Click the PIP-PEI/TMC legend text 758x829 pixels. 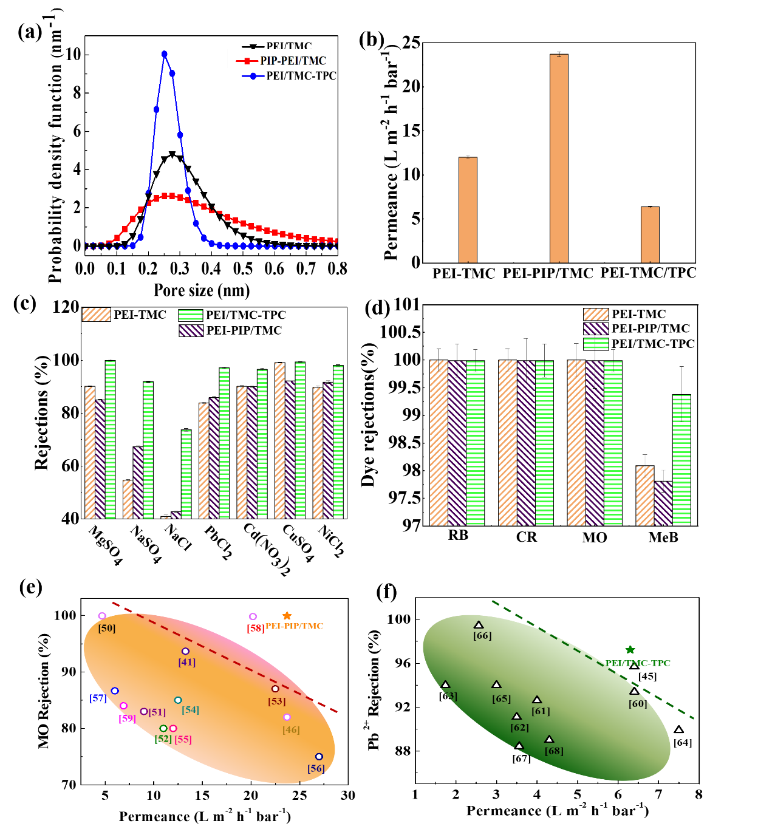293,61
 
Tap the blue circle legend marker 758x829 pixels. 253,77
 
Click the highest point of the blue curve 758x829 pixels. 165,54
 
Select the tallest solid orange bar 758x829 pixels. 559,158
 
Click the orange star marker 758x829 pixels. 287,616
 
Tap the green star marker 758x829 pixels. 630,650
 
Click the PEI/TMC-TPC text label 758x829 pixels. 638,663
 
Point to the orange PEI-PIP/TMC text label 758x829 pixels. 295,626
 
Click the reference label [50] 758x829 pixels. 107,628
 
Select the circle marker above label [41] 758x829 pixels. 186,651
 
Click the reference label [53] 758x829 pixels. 277,701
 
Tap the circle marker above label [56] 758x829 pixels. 319,757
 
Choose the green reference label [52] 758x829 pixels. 163,739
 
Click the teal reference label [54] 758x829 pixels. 190,710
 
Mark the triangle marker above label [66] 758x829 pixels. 479,625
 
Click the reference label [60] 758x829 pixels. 638,704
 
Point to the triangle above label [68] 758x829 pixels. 549,739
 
